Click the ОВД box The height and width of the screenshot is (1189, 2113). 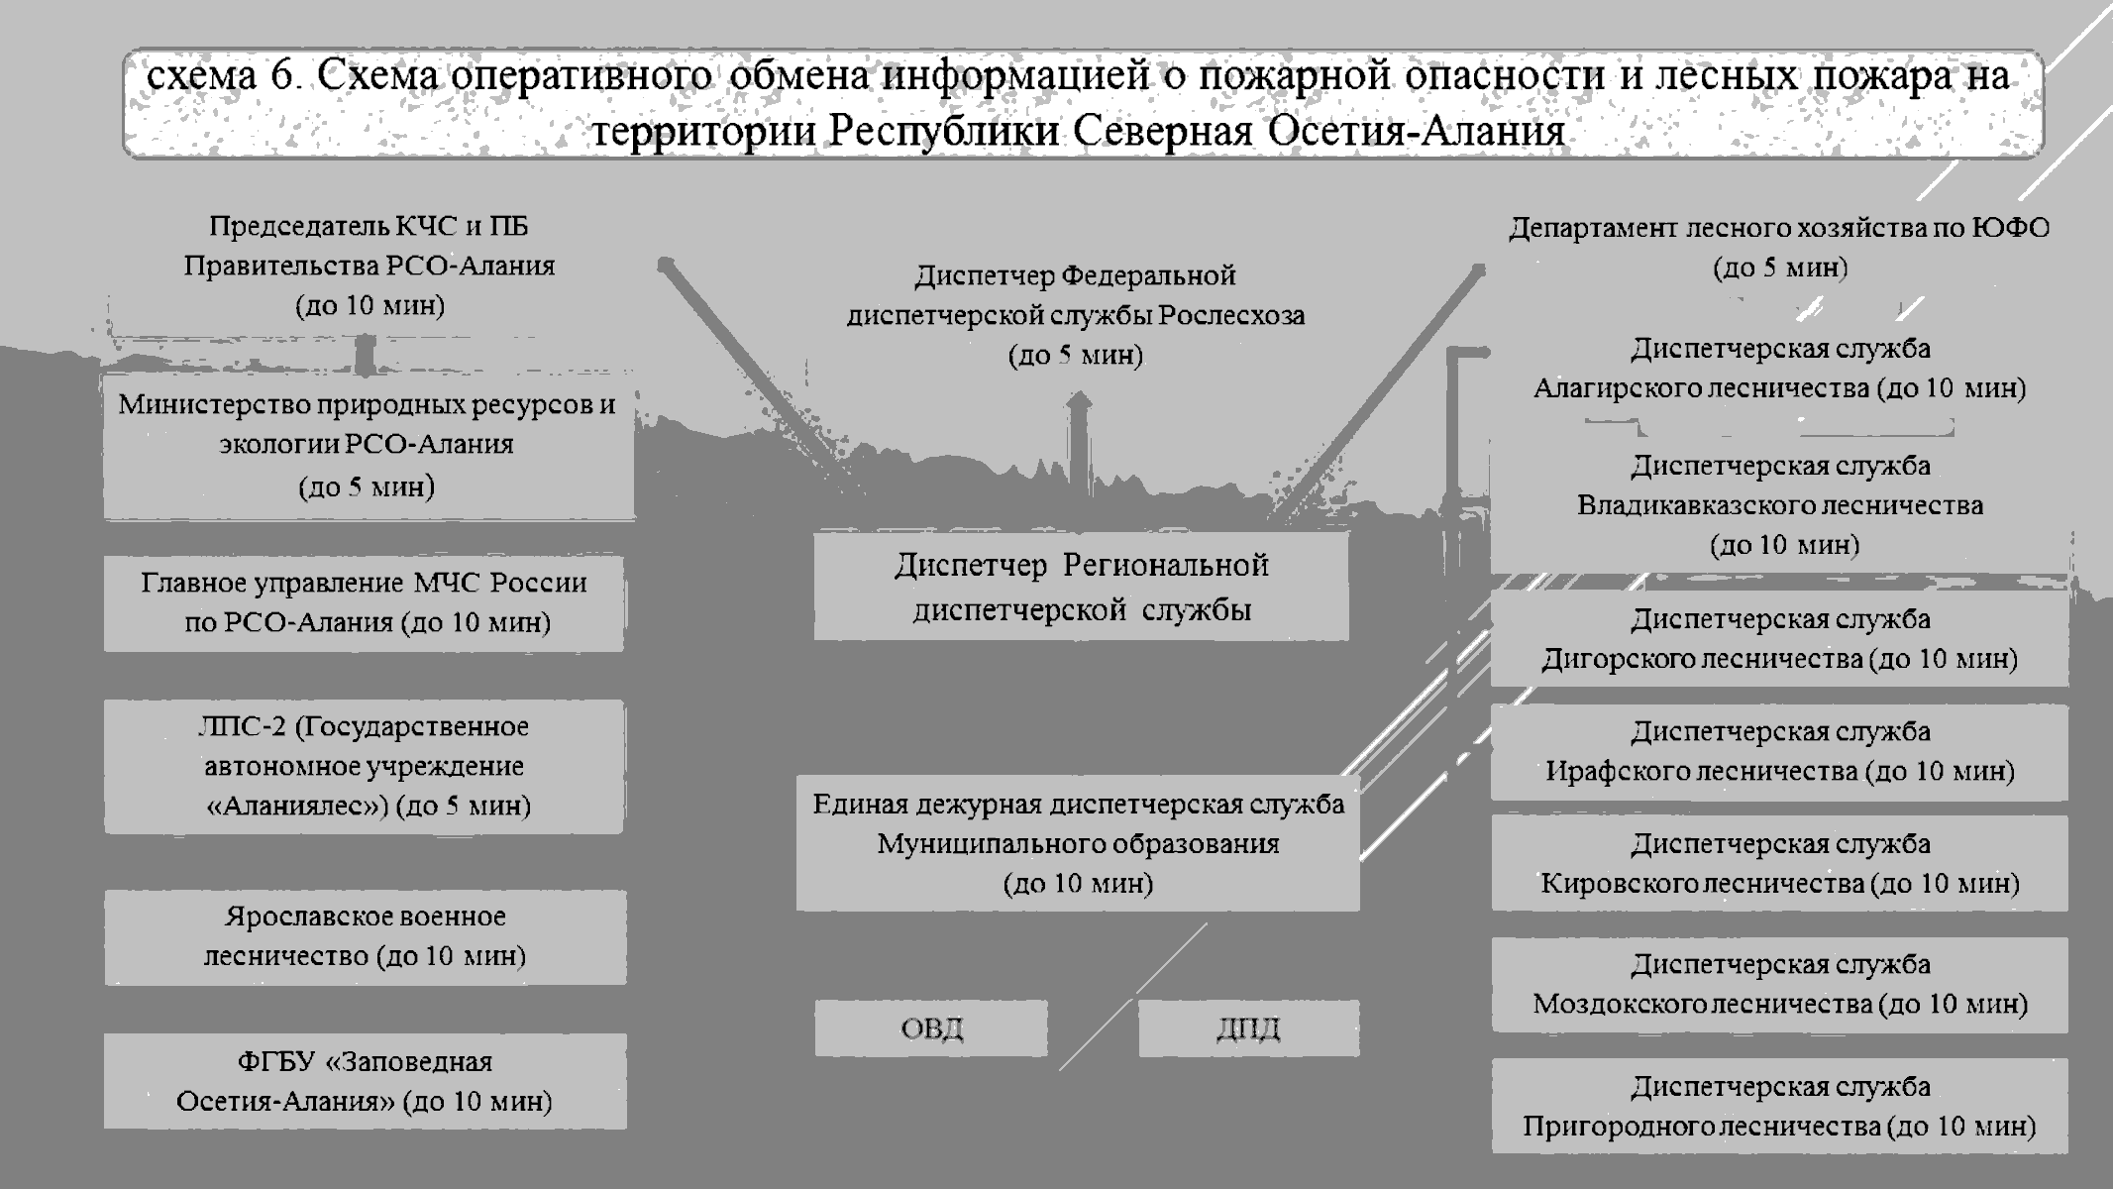pyautogui.click(x=931, y=1027)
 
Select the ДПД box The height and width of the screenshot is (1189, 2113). pyautogui.click(x=1248, y=1027)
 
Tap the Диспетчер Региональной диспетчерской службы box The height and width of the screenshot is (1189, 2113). pyautogui.click(x=1081, y=587)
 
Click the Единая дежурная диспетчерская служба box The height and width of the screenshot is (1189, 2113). pyautogui.click(x=1078, y=843)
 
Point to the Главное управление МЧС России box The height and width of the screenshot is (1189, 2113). pyautogui.click(x=365, y=602)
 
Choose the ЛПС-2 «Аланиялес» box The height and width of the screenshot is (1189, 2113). pyautogui.click(x=365, y=766)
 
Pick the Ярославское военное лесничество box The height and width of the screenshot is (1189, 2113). pyautogui.click(x=365, y=936)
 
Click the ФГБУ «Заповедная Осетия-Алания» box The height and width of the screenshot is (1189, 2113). pyautogui.click(x=365, y=1081)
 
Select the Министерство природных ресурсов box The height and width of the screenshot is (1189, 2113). pyautogui.click(x=368, y=445)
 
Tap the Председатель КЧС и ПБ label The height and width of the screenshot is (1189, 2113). pyautogui.click(x=369, y=266)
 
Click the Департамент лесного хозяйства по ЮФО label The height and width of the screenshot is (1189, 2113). pyautogui.click(x=1779, y=247)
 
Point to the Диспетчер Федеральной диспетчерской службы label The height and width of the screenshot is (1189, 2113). pyautogui.click(x=1076, y=314)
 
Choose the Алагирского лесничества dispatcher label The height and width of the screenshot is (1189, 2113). pyautogui.click(x=1779, y=368)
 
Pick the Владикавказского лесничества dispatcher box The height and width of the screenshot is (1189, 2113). pyautogui.click(x=1779, y=505)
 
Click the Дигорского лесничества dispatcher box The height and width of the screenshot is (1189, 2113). pyautogui.click(x=1779, y=639)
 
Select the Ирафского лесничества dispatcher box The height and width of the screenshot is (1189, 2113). pyautogui.click(x=1779, y=751)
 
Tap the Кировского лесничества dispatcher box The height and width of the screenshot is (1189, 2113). pyautogui.click(x=1779, y=863)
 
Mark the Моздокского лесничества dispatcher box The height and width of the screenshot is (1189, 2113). pyautogui.click(x=1779, y=984)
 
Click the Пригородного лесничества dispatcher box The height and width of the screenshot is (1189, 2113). pyautogui.click(x=1779, y=1106)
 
